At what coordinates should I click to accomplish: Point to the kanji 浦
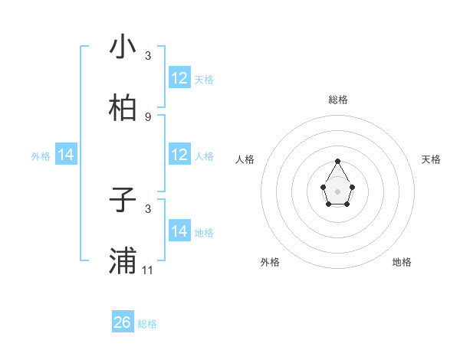(x=123, y=261)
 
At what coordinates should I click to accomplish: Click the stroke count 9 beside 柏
(x=148, y=116)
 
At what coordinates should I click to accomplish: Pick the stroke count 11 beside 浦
(x=148, y=270)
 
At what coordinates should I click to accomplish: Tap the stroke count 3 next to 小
(x=148, y=55)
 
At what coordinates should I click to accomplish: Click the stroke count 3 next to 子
(x=148, y=208)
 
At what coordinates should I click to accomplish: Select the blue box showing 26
(x=123, y=322)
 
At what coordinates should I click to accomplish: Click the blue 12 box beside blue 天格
(x=179, y=78)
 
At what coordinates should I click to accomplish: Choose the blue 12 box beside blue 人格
(x=179, y=155)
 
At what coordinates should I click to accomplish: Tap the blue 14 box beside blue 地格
(x=179, y=231)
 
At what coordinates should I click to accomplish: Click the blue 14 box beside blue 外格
(x=66, y=155)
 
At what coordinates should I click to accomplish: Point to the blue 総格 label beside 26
(x=147, y=324)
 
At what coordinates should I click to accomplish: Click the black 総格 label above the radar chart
(x=337, y=100)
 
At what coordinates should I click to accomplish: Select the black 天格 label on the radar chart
(x=432, y=159)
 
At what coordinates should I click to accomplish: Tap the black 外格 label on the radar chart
(x=270, y=262)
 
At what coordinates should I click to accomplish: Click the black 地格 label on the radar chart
(x=402, y=262)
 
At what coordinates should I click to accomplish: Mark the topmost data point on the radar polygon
(x=337, y=161)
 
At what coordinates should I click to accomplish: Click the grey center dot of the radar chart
(x=337, y=191)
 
